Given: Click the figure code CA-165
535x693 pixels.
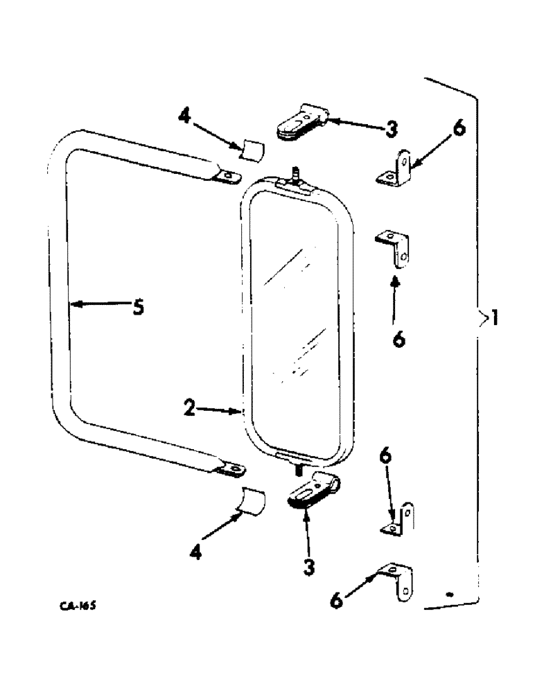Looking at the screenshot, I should (x=77, y=605).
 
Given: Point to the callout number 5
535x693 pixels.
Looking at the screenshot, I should (x=138, y=306).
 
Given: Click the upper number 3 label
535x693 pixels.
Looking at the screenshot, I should (x=392, y=130).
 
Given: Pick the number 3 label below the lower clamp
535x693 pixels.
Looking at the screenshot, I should (x=308, y=568).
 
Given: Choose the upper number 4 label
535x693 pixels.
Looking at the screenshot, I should (x=183, y=116).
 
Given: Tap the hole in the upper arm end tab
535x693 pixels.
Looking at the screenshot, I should (x=225, y=177).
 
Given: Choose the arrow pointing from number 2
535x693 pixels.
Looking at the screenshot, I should (x=222, y=410).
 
